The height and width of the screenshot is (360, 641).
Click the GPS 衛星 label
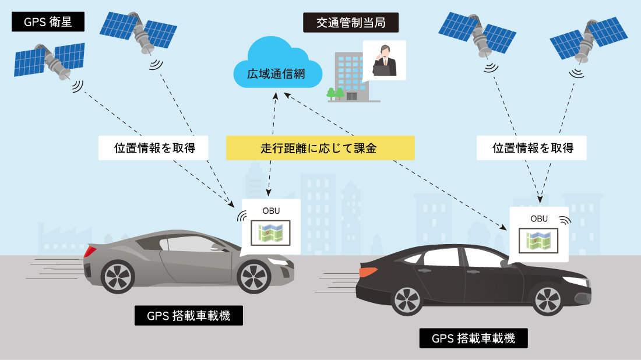click(x=48, y=22)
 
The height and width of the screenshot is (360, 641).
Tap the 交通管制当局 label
click(x=351, y=23)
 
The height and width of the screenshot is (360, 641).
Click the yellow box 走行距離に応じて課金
click(x=320, y=148)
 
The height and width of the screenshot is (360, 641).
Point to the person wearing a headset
click(x=384, y=61)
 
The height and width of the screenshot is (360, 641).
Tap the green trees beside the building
click(x=335, y=94)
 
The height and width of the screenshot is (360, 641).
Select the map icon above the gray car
click(x=270, y=233)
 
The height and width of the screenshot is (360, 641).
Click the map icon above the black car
click(x=538, y=241)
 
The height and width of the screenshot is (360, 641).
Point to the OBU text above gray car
click(x=271, y=211)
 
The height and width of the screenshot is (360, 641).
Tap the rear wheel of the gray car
click(x=118, y=277)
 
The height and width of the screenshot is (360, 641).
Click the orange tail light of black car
click(x=368, y=271)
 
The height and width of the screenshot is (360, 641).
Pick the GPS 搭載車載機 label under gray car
click(x=188, y=316)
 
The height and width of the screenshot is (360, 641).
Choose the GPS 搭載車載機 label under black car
click(x=473, y=338)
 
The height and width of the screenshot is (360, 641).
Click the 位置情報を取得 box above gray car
click(x=153, y=148)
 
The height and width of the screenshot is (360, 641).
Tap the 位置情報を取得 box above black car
click(x=531, y=148)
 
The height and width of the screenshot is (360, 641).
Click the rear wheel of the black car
click(x=407, y=299)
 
